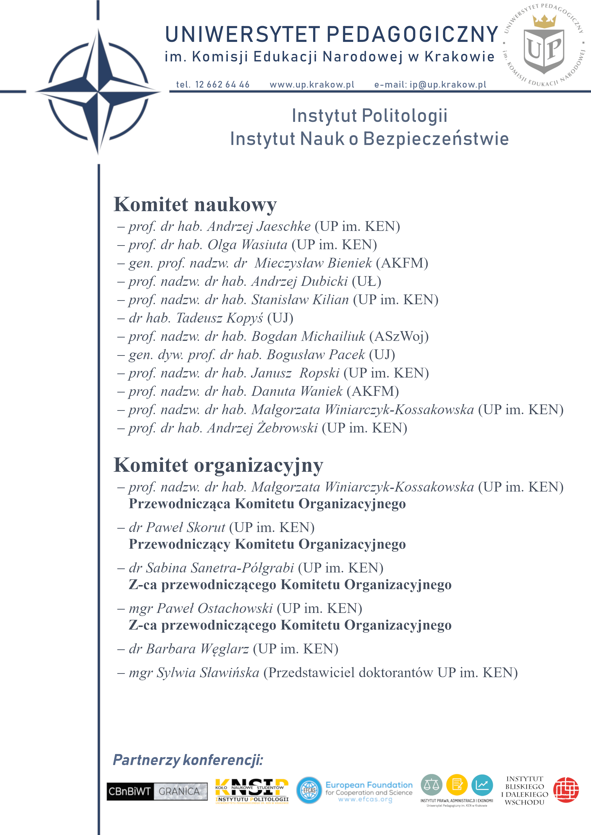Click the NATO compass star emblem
98,91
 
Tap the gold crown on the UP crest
544,21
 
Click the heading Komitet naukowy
195,204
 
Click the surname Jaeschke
283,227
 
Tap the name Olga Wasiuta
247,245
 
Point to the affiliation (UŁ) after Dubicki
366,282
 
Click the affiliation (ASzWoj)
399,336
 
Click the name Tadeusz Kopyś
219,318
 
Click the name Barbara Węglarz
197,649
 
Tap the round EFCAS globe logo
309,790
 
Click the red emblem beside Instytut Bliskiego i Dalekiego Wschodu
566,790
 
